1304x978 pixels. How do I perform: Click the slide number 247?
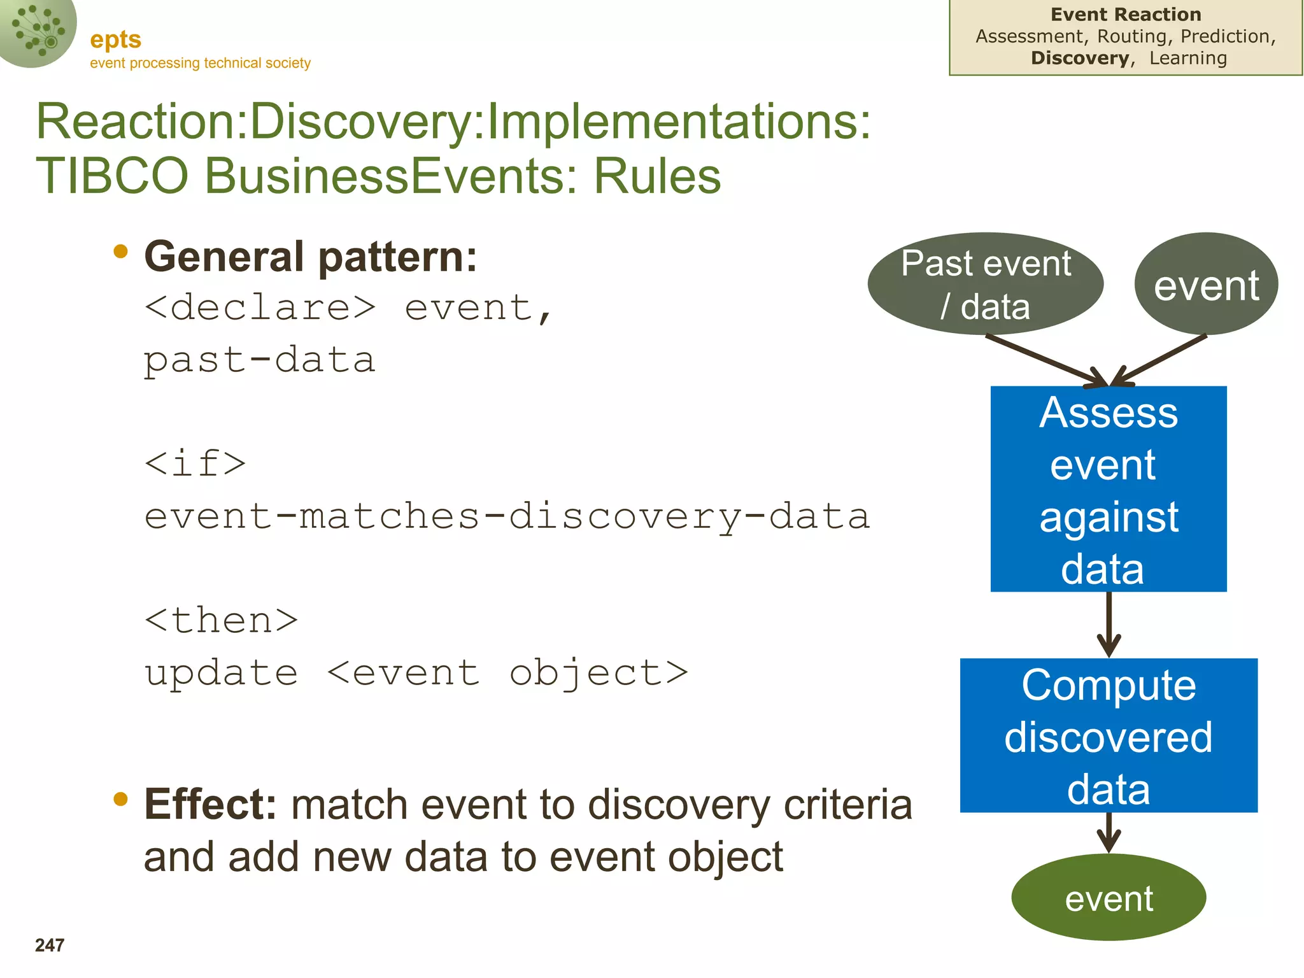point(50,945)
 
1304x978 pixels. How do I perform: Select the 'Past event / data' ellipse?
point(985,284)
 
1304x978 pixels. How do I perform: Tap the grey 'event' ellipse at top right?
point(1206,285)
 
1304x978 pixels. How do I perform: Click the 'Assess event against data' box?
point(1109,489)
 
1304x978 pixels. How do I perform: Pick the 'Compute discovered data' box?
point(1109,735)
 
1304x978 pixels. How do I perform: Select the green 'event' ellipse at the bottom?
point(1109,898)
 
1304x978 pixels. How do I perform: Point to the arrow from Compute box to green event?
point(1109,832)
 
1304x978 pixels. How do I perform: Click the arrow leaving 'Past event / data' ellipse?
point(1044,360)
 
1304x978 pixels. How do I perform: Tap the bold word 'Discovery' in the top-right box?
point(1081,58)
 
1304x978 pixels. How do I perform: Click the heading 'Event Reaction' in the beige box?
point(1126,14)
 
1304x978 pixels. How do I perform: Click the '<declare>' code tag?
point(260,308)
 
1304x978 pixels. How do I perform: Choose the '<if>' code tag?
point(195,464)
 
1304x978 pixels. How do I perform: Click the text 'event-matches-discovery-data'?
point(507,516)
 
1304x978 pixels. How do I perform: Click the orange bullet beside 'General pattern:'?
point(120,252)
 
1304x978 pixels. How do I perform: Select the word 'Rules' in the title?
point(657,176)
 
